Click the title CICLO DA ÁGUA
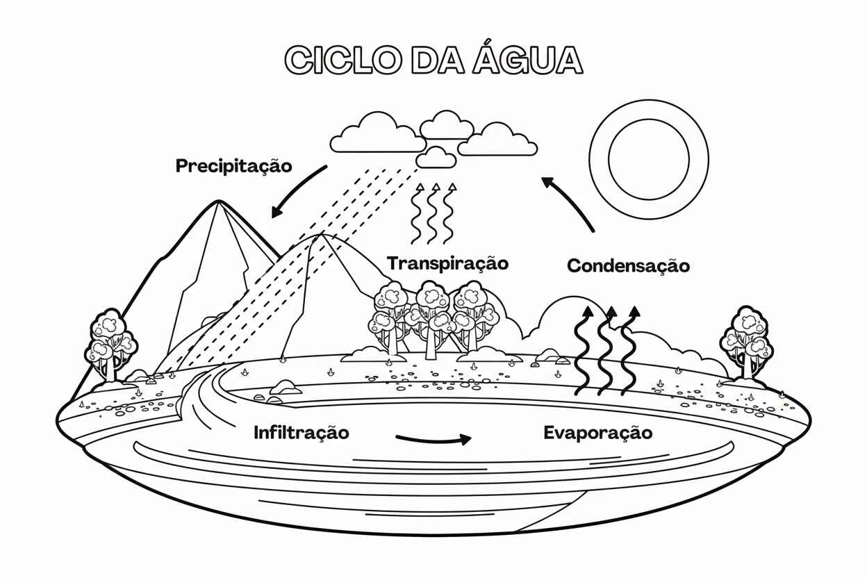tap(433, 60)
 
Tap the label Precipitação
tap(233, 167)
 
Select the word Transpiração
tap(448, 264)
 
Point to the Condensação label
tap(628, 266)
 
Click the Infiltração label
tap(301, 433)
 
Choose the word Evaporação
tap(597, 433)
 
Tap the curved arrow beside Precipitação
tap(297, 189)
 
